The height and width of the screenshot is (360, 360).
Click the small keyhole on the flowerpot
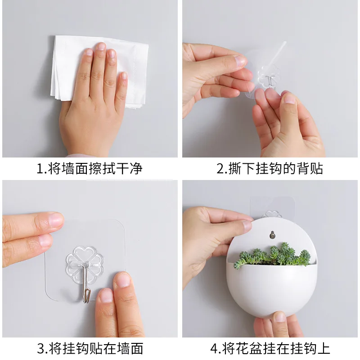click(271, 234)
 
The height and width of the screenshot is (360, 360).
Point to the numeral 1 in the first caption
click(40, 169)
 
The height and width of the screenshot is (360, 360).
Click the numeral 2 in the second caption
click(220, 169)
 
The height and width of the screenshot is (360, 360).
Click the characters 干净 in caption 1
click(130, 169)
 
